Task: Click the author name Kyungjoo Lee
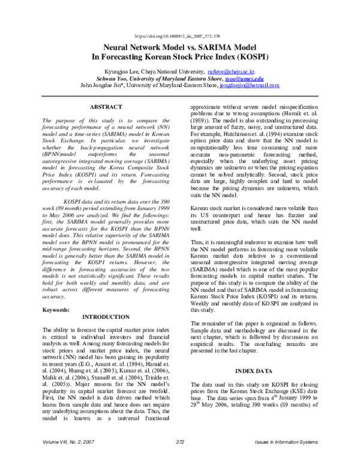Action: (118, 70)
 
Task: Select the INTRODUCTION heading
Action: (105, 316)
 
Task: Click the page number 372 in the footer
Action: (179, 459)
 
